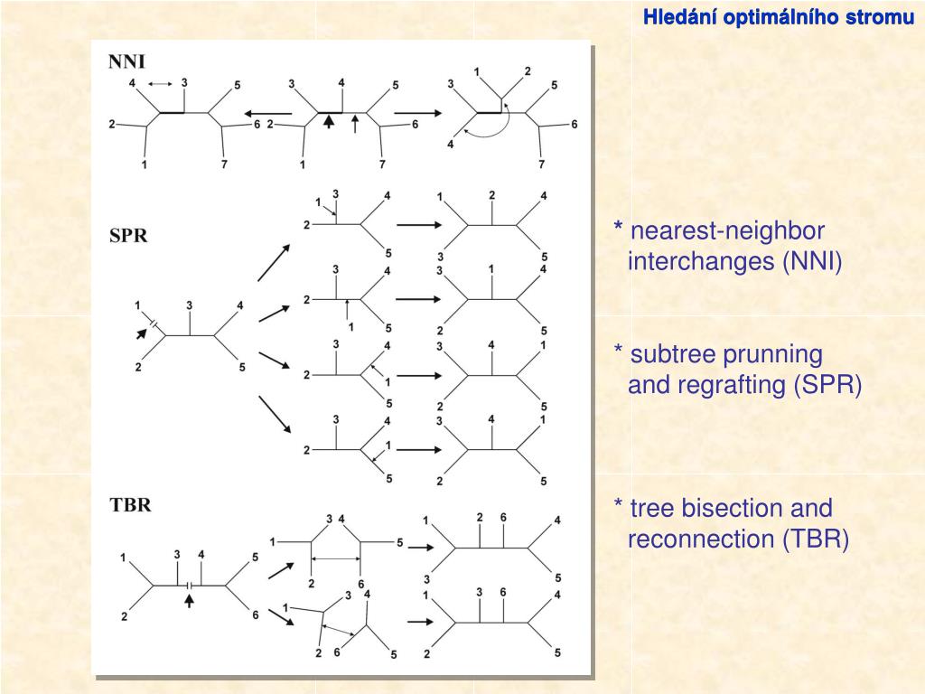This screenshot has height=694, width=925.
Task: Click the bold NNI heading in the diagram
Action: click(127, 61)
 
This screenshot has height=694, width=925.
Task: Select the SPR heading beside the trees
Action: click(128, 236)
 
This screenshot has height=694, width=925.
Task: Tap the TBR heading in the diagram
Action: click(130, 505)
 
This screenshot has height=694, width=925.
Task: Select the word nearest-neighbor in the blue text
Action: click(727, 230)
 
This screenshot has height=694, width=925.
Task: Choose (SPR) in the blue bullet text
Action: click(828, 386)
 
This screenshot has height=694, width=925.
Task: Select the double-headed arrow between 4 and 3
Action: click(159, 84)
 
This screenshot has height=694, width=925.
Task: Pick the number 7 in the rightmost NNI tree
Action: click(541, 164)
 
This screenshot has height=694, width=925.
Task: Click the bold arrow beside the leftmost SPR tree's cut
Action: click(141, 333)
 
